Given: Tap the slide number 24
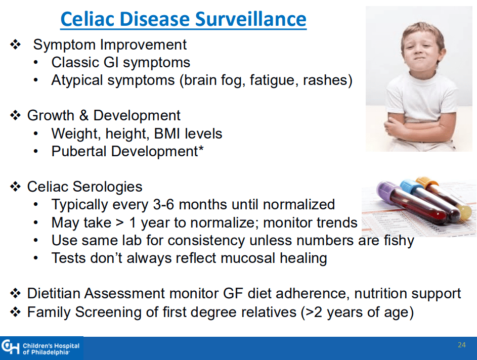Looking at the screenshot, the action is tap(461, 345).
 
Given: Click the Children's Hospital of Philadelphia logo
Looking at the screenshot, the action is tap(41, 348).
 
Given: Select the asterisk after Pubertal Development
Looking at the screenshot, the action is tap(201, 148).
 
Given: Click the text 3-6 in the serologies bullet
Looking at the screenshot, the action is tap(163, 204).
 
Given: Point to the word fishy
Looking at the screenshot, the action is tap(399, 241).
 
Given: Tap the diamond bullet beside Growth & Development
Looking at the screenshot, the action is tap(15, 116).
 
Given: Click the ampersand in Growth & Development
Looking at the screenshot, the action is tap(84, 116).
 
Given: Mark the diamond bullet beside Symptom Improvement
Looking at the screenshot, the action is tap(15, 44).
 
